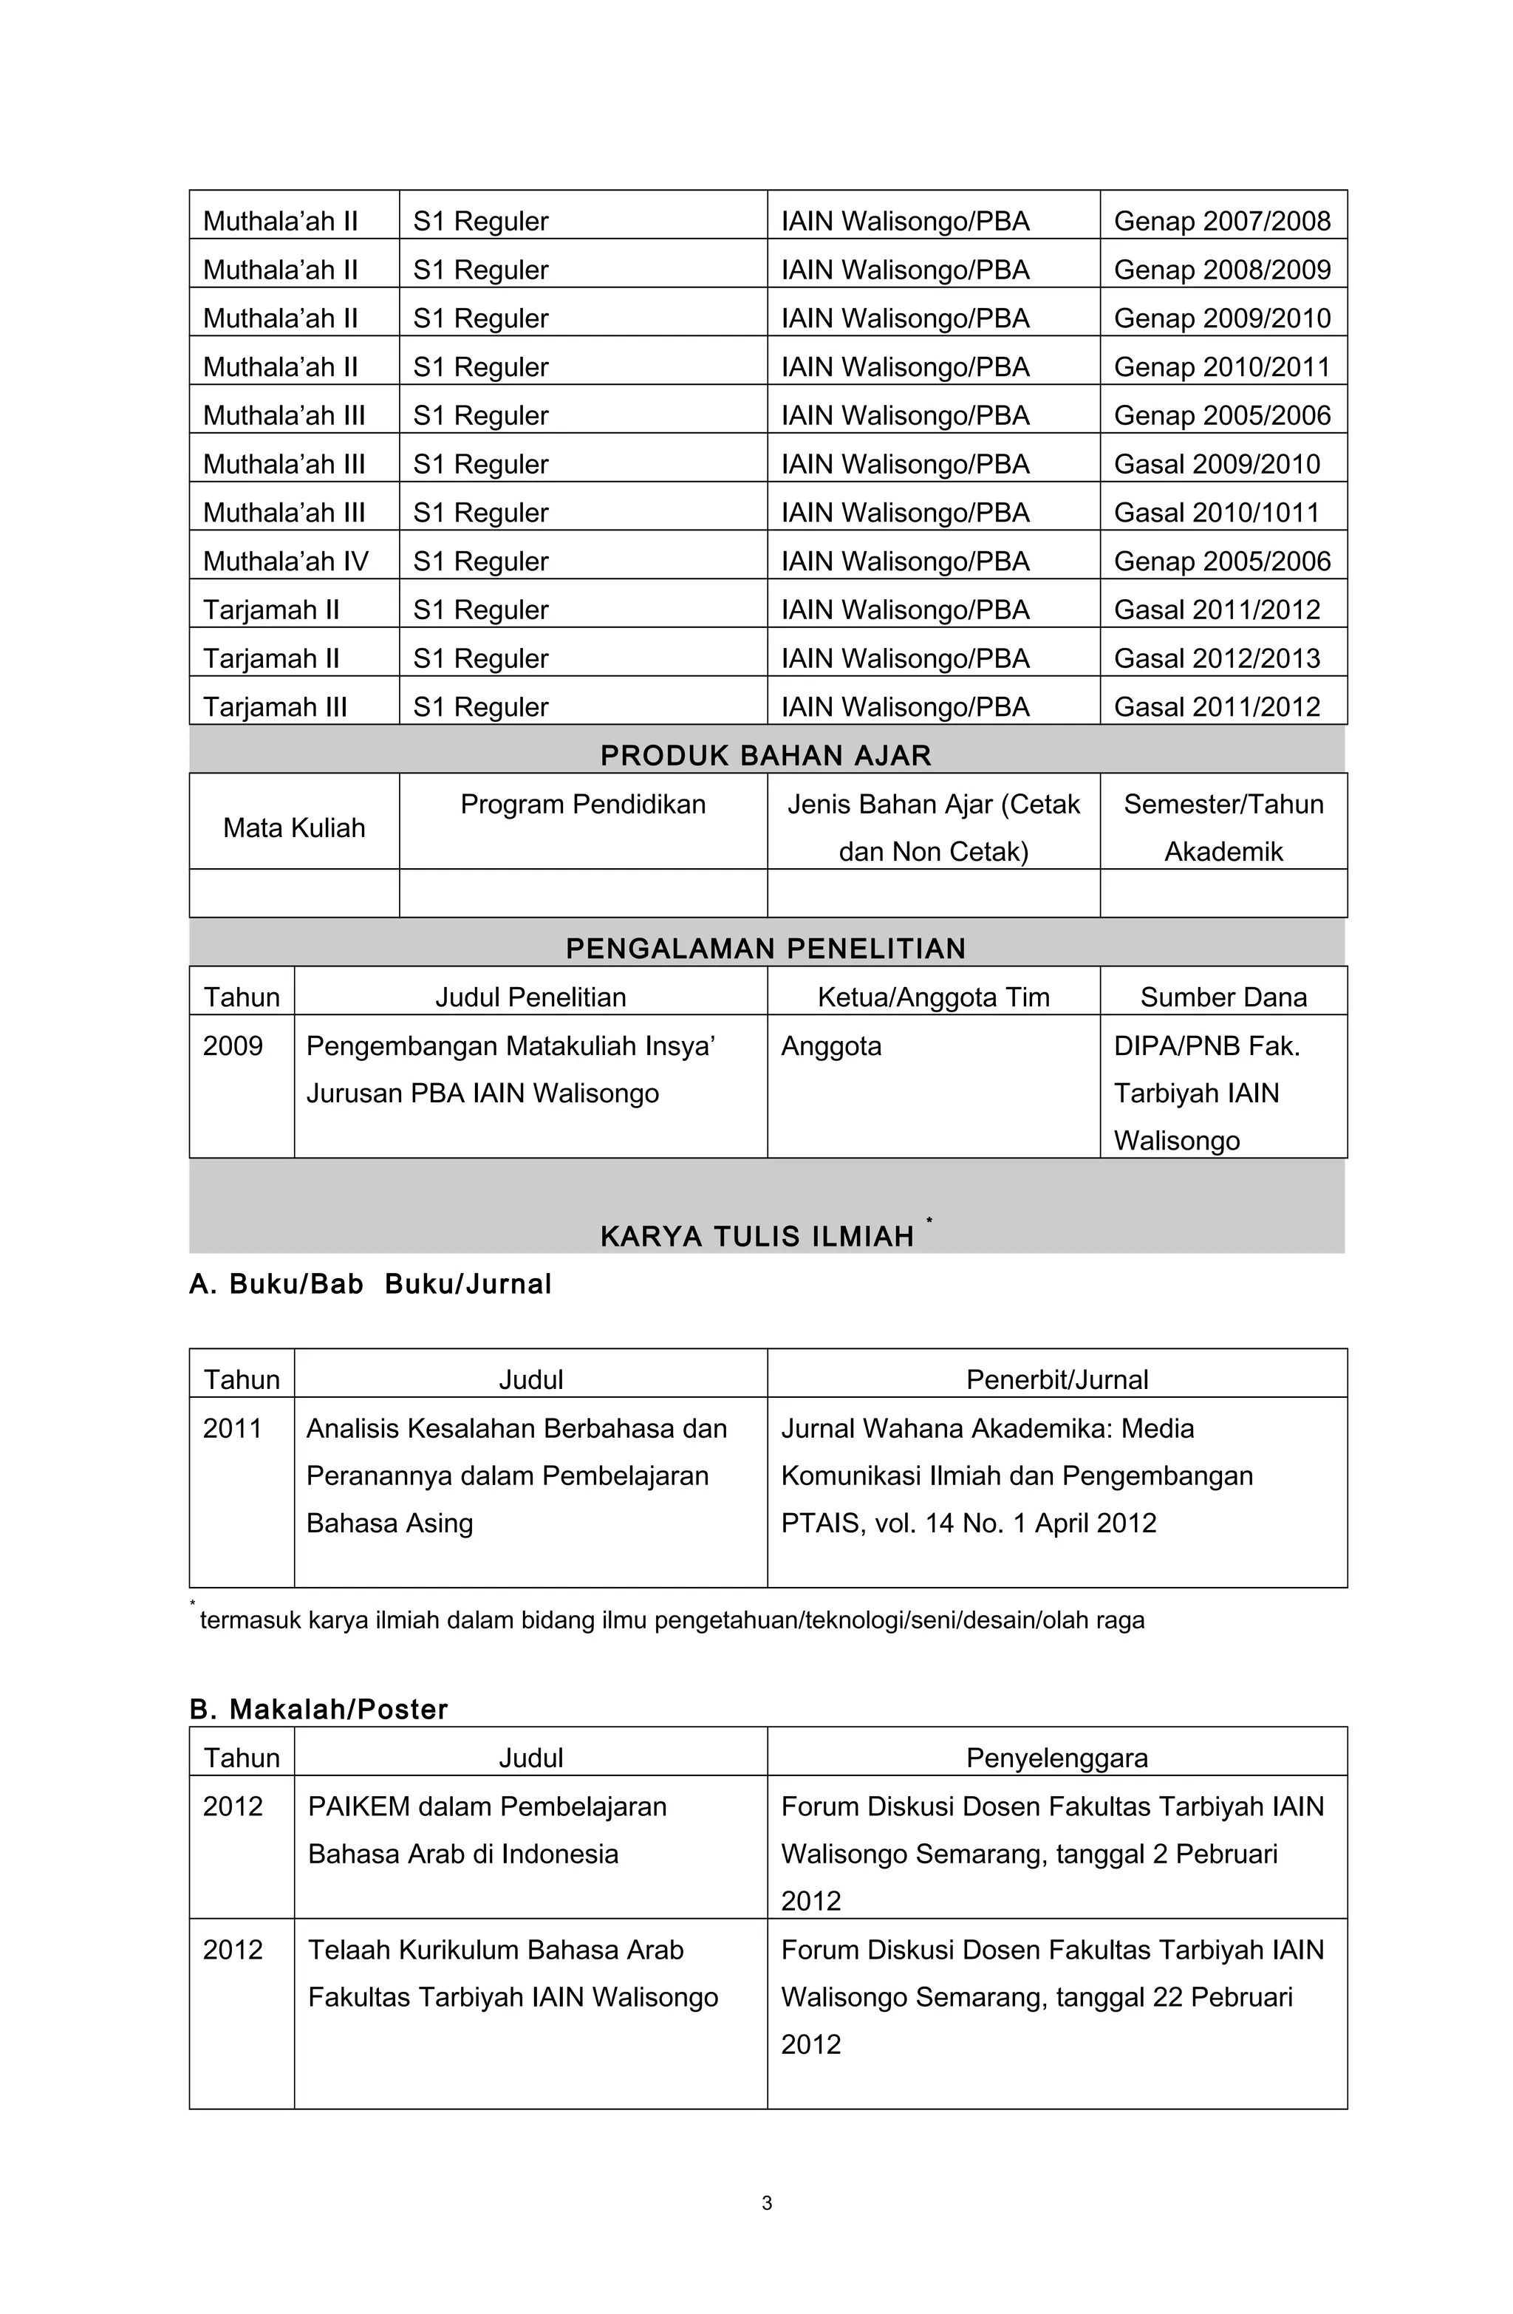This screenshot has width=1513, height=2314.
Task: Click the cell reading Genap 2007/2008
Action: point(1221,221)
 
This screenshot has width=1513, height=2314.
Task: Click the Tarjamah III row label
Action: point(274,707)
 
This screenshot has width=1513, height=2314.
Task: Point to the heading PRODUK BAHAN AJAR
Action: point(765,756)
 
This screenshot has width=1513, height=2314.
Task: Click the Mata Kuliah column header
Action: point(293,827)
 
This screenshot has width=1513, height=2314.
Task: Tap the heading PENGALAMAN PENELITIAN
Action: point(765,949)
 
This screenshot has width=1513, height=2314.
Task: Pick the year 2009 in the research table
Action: point(233,1045)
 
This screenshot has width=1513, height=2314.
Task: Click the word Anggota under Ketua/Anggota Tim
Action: point(830,1045)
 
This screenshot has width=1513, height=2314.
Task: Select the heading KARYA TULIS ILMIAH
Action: point(756,1236)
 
